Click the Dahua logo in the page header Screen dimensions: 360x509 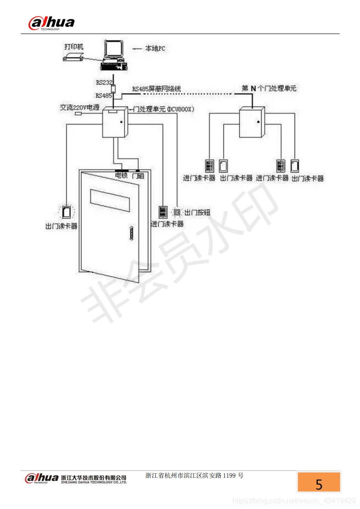[x=51, y=22]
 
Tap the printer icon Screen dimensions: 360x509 [x=73, y=56]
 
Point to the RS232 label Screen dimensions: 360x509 [x=104, y=82]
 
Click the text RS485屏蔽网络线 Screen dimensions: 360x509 [x=157, y=89]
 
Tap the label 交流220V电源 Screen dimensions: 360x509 [x=79, y=108]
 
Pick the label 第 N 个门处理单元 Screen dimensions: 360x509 [x=269, y=88]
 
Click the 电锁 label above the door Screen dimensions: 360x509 [x=121, y=175]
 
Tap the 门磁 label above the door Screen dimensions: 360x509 [x=138, y=176]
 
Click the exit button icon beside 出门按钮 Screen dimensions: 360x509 [x=178, y=212]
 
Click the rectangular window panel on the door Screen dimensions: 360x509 [x=113, y=196]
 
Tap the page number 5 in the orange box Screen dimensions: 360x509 [x=319, y=484]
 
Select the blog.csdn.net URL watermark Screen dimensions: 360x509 [x=294, y=501]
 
